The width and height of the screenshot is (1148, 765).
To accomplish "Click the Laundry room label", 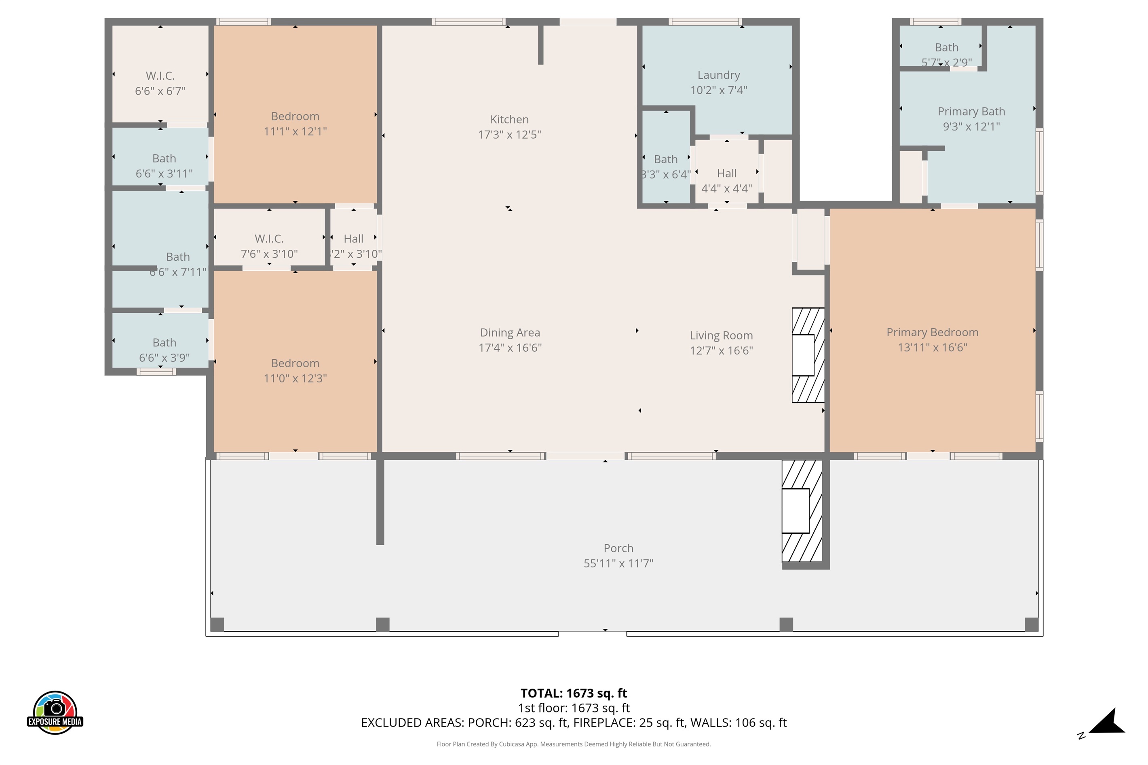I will coord(718,75).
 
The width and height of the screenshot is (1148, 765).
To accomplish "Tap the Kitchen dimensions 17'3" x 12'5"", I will coord(509,135).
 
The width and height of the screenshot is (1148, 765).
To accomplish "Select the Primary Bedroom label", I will coord(932,332).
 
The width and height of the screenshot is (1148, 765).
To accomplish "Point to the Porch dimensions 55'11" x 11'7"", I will coord(618,563).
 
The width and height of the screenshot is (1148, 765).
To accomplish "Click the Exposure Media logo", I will coord(55,712).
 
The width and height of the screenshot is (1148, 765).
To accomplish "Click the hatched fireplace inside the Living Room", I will coord(808,355).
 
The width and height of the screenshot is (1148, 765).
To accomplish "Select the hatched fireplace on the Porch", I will coord(801,511).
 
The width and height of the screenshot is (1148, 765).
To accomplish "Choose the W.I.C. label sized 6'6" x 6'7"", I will coord(160,76).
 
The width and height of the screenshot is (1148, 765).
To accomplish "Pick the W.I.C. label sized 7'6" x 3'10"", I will coord(269,238).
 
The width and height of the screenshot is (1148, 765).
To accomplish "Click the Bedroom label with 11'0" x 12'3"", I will coord(295,363).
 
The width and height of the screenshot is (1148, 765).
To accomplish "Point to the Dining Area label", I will coord(510,333).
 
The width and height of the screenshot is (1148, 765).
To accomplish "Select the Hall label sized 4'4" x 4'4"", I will coord(726,174).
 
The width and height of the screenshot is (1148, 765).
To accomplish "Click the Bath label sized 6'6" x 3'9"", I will coord(164,343).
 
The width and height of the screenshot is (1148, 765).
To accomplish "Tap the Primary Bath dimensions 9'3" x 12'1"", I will coord(971,127).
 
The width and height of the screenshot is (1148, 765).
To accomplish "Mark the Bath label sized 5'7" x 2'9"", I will coord(946,48).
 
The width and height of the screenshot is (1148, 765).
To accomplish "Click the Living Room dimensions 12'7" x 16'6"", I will coord(721,350).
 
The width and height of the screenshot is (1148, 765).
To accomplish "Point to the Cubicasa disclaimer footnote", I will coord(573,744).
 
